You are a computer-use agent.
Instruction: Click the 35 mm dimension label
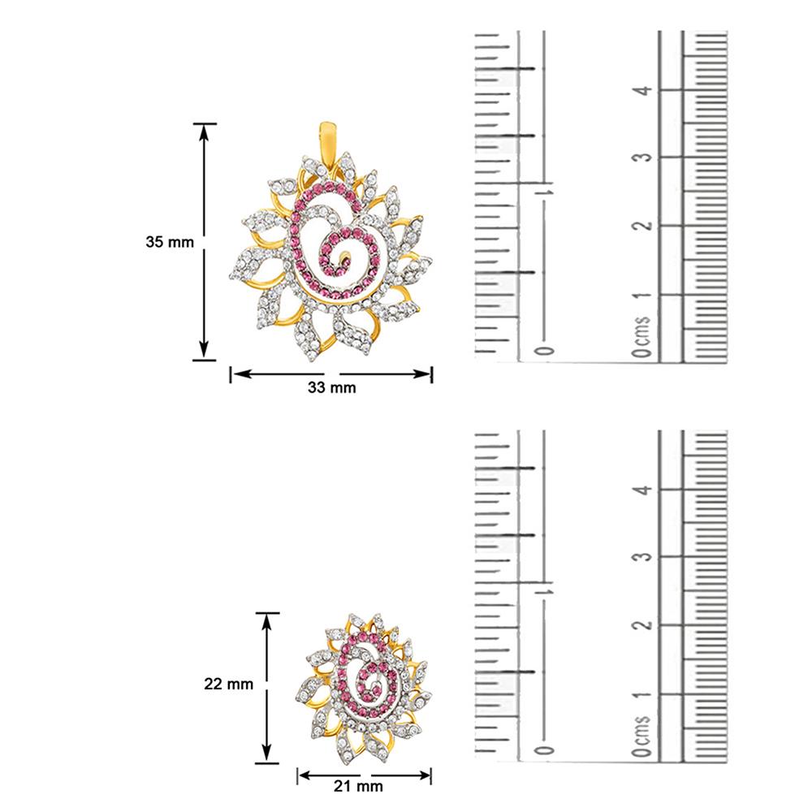click(170, 242)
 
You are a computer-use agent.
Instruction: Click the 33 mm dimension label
click(332, 387)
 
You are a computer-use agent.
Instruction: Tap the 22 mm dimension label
click(228, 684)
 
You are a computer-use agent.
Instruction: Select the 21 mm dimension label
click(358, 786)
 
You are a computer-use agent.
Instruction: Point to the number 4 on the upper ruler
click(643, 91)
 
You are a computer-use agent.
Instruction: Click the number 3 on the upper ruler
click(643, 158)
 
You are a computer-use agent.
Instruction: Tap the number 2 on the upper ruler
click(643, 227)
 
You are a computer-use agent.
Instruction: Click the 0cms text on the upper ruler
click(641, 337)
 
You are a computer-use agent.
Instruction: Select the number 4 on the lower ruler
click(643, 490)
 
